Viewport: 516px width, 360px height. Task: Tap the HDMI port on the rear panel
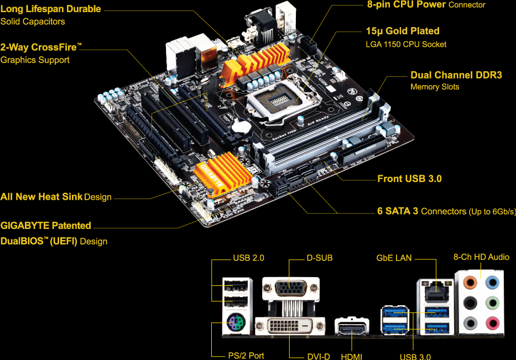point(352,330)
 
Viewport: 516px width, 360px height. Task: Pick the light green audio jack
point(491,303)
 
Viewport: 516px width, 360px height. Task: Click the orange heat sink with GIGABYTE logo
point(217,173)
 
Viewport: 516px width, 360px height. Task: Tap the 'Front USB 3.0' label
point(409,179)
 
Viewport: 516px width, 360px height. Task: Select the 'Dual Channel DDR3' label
point(456,75)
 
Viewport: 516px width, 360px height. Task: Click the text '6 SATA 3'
point(398,211)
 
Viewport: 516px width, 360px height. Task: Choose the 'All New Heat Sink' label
point(41,196)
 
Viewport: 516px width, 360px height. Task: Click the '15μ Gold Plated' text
point(403,31)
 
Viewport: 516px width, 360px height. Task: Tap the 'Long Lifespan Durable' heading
point(50,9)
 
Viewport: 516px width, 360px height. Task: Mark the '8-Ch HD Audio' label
point(481,257)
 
